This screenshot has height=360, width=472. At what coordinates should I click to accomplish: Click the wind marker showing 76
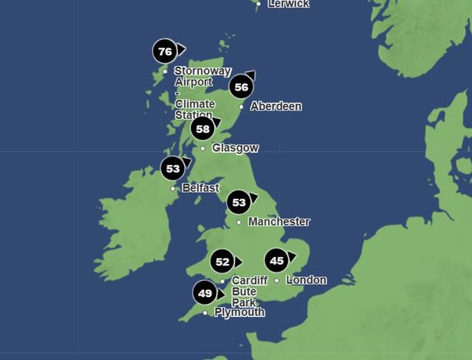(x=164, y=51)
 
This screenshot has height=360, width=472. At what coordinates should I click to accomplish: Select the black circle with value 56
(x=241, y=87)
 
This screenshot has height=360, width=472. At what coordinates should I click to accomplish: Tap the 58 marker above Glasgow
(x=202, y=129)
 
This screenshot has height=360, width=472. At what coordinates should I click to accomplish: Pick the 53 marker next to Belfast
(x=173, y=168)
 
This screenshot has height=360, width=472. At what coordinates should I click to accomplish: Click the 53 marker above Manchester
(x=239, y=203)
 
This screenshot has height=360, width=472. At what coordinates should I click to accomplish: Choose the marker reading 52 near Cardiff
(x=222, y=262)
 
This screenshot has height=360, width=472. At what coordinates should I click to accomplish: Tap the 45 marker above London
(x=276, y=261)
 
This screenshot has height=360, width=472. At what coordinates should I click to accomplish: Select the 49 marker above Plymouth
(x=204, y=293)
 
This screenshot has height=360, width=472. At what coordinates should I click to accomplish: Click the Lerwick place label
(x=289, y=4)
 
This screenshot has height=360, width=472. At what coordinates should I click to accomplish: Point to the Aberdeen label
(x=276, y=107)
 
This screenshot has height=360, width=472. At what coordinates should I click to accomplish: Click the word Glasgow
(x=235, y=148)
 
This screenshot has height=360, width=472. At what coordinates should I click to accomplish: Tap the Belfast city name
(x=200, y=188)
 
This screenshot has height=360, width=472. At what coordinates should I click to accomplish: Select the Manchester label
(x=279, y=222)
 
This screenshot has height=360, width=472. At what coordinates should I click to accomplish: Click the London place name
(x=306, y=280)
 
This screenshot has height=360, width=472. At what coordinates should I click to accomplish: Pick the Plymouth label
(x=239, y=312)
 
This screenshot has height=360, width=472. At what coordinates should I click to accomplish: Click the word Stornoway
(x=203, y=71)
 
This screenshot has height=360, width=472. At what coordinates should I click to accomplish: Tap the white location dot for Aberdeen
(x=241, y=107)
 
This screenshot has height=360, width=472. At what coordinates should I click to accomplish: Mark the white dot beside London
(x=277, y=281)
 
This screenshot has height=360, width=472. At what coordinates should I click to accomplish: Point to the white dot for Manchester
(x=239, y=223)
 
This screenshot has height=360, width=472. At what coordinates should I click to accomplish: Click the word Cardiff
(x=249, y=281)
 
